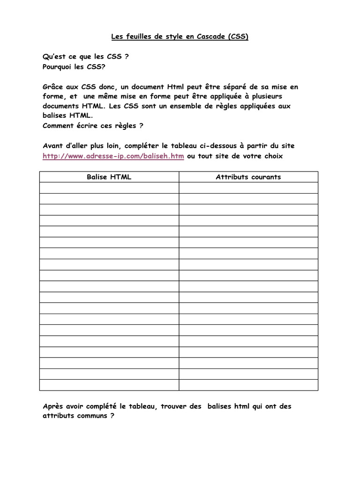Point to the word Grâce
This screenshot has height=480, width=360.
[52, 87]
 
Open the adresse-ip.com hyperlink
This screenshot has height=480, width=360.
[113, 156]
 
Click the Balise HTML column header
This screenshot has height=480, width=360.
[109, 177]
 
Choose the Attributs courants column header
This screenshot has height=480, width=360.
[248, 177]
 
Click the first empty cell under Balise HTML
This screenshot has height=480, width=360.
[109, 187]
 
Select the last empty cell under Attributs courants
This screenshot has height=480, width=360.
[248, 385]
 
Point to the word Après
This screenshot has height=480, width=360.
[53, 406]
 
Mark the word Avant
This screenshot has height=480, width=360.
[53, 146]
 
